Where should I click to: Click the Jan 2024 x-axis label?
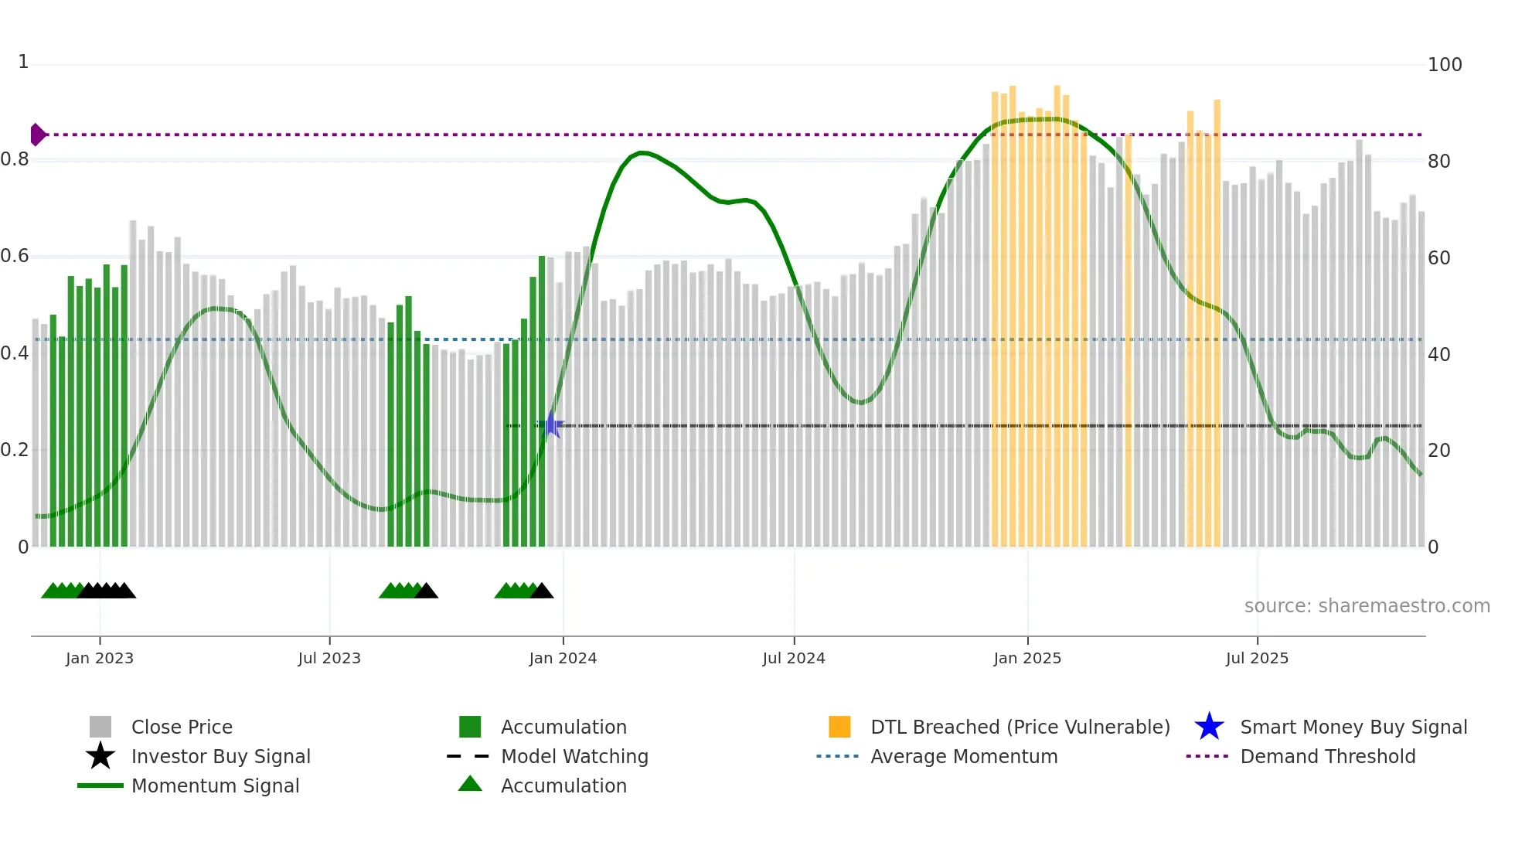point(563,658)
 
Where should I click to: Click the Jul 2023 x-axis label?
point(329,658)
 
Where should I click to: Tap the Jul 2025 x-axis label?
point(1257,658)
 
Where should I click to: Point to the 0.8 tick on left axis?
point(15,160)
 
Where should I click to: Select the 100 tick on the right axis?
point(1444,65)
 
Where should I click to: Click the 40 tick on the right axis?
point(1438,355)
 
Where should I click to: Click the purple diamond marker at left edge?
point(37,135)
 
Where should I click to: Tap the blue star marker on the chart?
point(551,425)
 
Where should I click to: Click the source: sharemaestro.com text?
point(1367,606)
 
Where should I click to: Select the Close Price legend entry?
point(182,727)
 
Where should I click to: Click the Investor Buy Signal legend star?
point(100,756)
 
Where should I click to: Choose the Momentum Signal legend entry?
point(215,786)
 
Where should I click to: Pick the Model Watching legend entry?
point(574,756)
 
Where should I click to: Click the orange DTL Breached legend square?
point(839,727)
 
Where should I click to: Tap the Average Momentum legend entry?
point(964,756)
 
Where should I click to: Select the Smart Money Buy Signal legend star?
point(1209,727)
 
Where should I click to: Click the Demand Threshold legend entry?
point(1327,756)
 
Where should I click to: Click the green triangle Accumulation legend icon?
point(470,785)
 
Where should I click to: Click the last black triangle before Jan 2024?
point(542,591)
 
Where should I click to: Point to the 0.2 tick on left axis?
point(15,450)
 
